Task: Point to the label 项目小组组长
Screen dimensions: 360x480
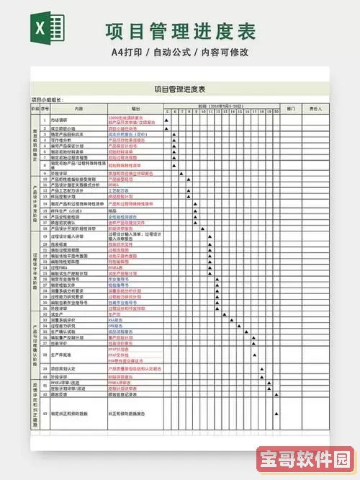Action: [x=48, y=99]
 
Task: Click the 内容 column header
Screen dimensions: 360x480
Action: [x=78, y=108]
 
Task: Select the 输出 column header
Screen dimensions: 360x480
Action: [x=135, y=108]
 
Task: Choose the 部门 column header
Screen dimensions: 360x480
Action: [x=292, y=108]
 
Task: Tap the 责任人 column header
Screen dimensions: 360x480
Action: [x=315, y=108]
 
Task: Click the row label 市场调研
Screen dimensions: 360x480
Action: [x=60, y=120]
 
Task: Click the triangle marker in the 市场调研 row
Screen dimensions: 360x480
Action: [x=166, y=120]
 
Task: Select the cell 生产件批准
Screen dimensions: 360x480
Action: [x=62, y=355]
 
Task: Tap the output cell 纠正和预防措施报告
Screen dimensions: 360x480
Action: [x=128, y=414]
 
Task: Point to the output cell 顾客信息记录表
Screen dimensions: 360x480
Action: [x=126, y=394]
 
